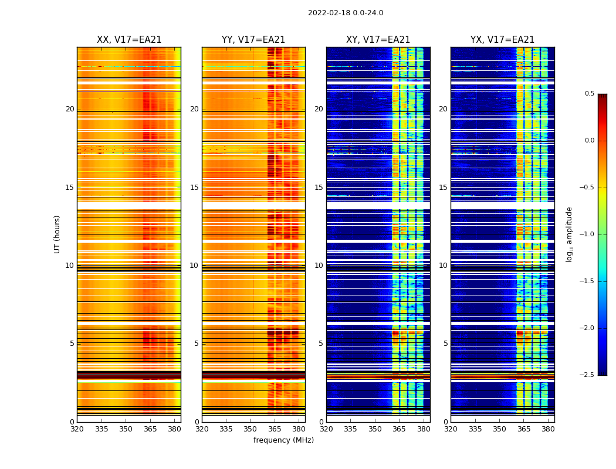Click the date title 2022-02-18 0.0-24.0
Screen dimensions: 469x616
pyautogui.click(x=346, y=13)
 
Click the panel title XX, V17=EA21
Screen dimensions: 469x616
pyautogui.click(x=129, y=40)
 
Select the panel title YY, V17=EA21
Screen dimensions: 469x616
pyautogui.click(x=253, y=40)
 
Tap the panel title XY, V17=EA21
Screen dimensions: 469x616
pyautogui.click(x=378, y=40)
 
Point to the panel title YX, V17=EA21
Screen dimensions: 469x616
pyautogui.click(x=502, y=40)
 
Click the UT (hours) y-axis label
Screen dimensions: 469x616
pyautogui.click(x=57, y=234)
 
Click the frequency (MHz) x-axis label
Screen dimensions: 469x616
pyautogui.click(x=283, y=440)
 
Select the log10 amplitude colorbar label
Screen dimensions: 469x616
pyautogui.click(x=569, y=234)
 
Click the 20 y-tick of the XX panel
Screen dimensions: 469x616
pyautogui.click(x=70, y=109)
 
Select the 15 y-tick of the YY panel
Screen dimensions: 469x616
pyautogui.click(x=194, y=188)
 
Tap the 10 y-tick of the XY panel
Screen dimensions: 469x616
pyautogui.click(x=319, y=266)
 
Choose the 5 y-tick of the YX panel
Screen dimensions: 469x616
pyautogui.click(x=445, y=344)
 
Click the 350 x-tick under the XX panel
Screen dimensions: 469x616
pyautogui.click(x=126, y=429)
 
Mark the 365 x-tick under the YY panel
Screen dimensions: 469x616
pyautogui.click(x=275, y=429)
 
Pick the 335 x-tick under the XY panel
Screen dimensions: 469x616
pyautogui.click(x=350, y=429)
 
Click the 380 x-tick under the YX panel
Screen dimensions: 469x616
pyautogui.click(x=548, y=429)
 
